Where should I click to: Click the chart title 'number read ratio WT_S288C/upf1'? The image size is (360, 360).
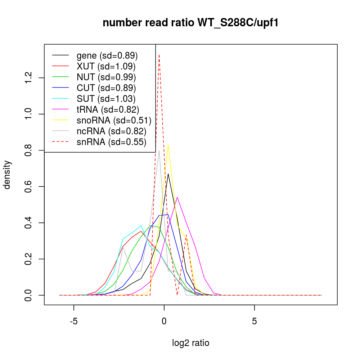coord(190,23)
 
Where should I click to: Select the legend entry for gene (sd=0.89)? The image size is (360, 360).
coord(107,56)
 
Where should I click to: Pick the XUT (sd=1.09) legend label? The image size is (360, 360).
coord(106,67)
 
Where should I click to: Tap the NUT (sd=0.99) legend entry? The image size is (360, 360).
coord(106,77)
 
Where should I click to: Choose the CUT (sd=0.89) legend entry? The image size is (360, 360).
coord(106,88)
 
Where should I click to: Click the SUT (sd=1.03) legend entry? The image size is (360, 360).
coord(106,99)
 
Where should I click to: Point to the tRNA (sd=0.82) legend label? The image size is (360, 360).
coord(108,110)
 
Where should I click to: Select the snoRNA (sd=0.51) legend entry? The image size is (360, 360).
coord(114,121)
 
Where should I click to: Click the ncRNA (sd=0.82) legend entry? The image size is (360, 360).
coord(111,131)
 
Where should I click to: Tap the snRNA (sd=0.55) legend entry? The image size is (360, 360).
coord(111,142)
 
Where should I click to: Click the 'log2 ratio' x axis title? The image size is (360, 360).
coord(190,343)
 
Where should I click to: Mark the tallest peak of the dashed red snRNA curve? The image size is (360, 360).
coord(159,55)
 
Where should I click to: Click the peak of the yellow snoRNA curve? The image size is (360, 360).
coord(168,145)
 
